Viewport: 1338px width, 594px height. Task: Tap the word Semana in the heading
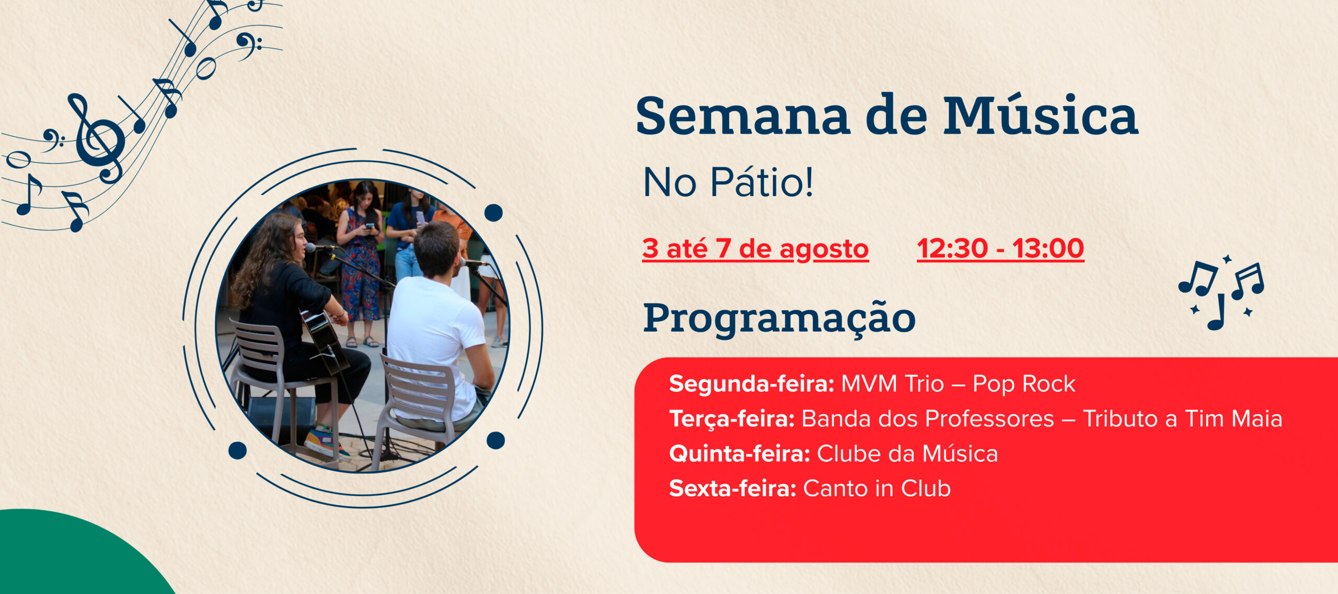click(742, 116)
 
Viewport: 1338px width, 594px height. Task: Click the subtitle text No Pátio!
click(728, 182)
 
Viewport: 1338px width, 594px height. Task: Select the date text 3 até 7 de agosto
click(755, 248)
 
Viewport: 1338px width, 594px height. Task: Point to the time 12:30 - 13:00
click(1000, 248)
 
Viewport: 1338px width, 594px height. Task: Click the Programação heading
click(779, 318)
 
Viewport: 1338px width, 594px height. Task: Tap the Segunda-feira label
click(752, 384)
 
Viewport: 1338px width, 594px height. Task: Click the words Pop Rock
click(1023, 384)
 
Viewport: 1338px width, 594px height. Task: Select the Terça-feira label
click(732, 419)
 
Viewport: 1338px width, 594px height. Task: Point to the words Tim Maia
click(1233, 419)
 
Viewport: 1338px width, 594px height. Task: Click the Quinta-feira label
click(740, 454)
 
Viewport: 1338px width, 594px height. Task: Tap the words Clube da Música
click(907, 453)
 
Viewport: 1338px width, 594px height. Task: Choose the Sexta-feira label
click(733, 489)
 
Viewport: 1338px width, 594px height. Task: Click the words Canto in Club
click(876, 488)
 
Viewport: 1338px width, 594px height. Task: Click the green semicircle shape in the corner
click(78, 554)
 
